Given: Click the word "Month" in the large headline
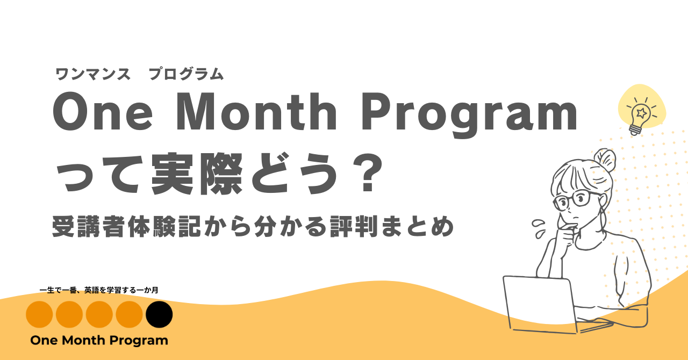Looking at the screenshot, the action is pyautogui.click(x=256, y=112).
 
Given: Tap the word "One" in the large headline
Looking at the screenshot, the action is pyautogui.click(x=103, y=112).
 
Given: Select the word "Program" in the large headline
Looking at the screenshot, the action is pyautogui.click(x=470, y=115).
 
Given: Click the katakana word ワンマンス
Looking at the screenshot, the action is pyautogui.click(x=93, y=74).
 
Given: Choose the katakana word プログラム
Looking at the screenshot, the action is pyautogui.click(x=186, y=74).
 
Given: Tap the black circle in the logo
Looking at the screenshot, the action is pyautogui.click(x=159, y=314).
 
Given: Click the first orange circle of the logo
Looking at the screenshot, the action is pyautogui.click(x=39, y=314).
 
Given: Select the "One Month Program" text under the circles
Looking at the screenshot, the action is pyautogui.click(x=99, y=340).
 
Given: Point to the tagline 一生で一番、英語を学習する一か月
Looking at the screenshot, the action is pyautogui.click(x=99, y=290).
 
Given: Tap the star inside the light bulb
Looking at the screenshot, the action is pyautogui.click(x=641, y=113).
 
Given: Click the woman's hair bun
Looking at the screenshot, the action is pyautogui.click(x=605, y=160).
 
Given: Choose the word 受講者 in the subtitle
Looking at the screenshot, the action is pyautogui.click(x=89, y=227).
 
